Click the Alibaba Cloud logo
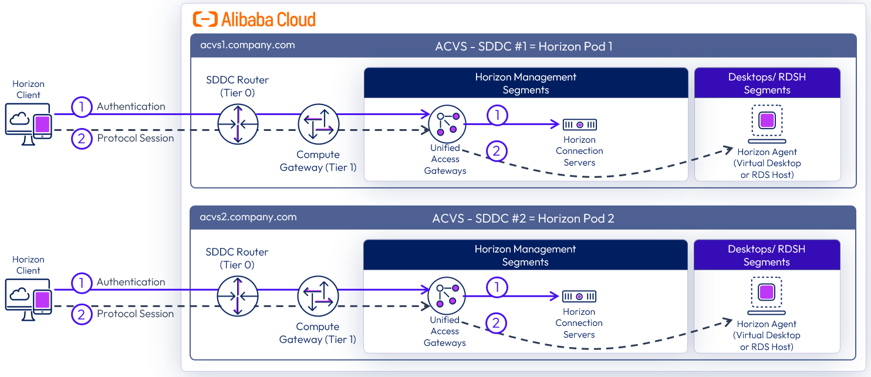[x=254, y=19]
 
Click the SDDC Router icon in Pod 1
[x=238, y=124]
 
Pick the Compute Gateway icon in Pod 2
[x=318, y=297]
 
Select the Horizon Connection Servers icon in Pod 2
[x=579, y=297]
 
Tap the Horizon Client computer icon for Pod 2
[x=28, y=300]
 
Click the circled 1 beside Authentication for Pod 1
[x=82, y=107]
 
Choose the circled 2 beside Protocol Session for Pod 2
[x=82, y=314]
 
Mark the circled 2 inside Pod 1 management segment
[x=497, y=151]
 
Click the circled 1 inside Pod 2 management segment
[x=497, y=288]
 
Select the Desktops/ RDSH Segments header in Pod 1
[x=767, y=83]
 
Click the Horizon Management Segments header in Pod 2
[x=525, y=255]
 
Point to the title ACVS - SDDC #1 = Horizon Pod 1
[x=522, y=46]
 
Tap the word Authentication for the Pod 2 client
[x=131, y=282]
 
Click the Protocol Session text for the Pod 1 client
[x=136, y=139]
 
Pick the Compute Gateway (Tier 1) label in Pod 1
[x=318, y=161]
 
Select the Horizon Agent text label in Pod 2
[x=767, y=324]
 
